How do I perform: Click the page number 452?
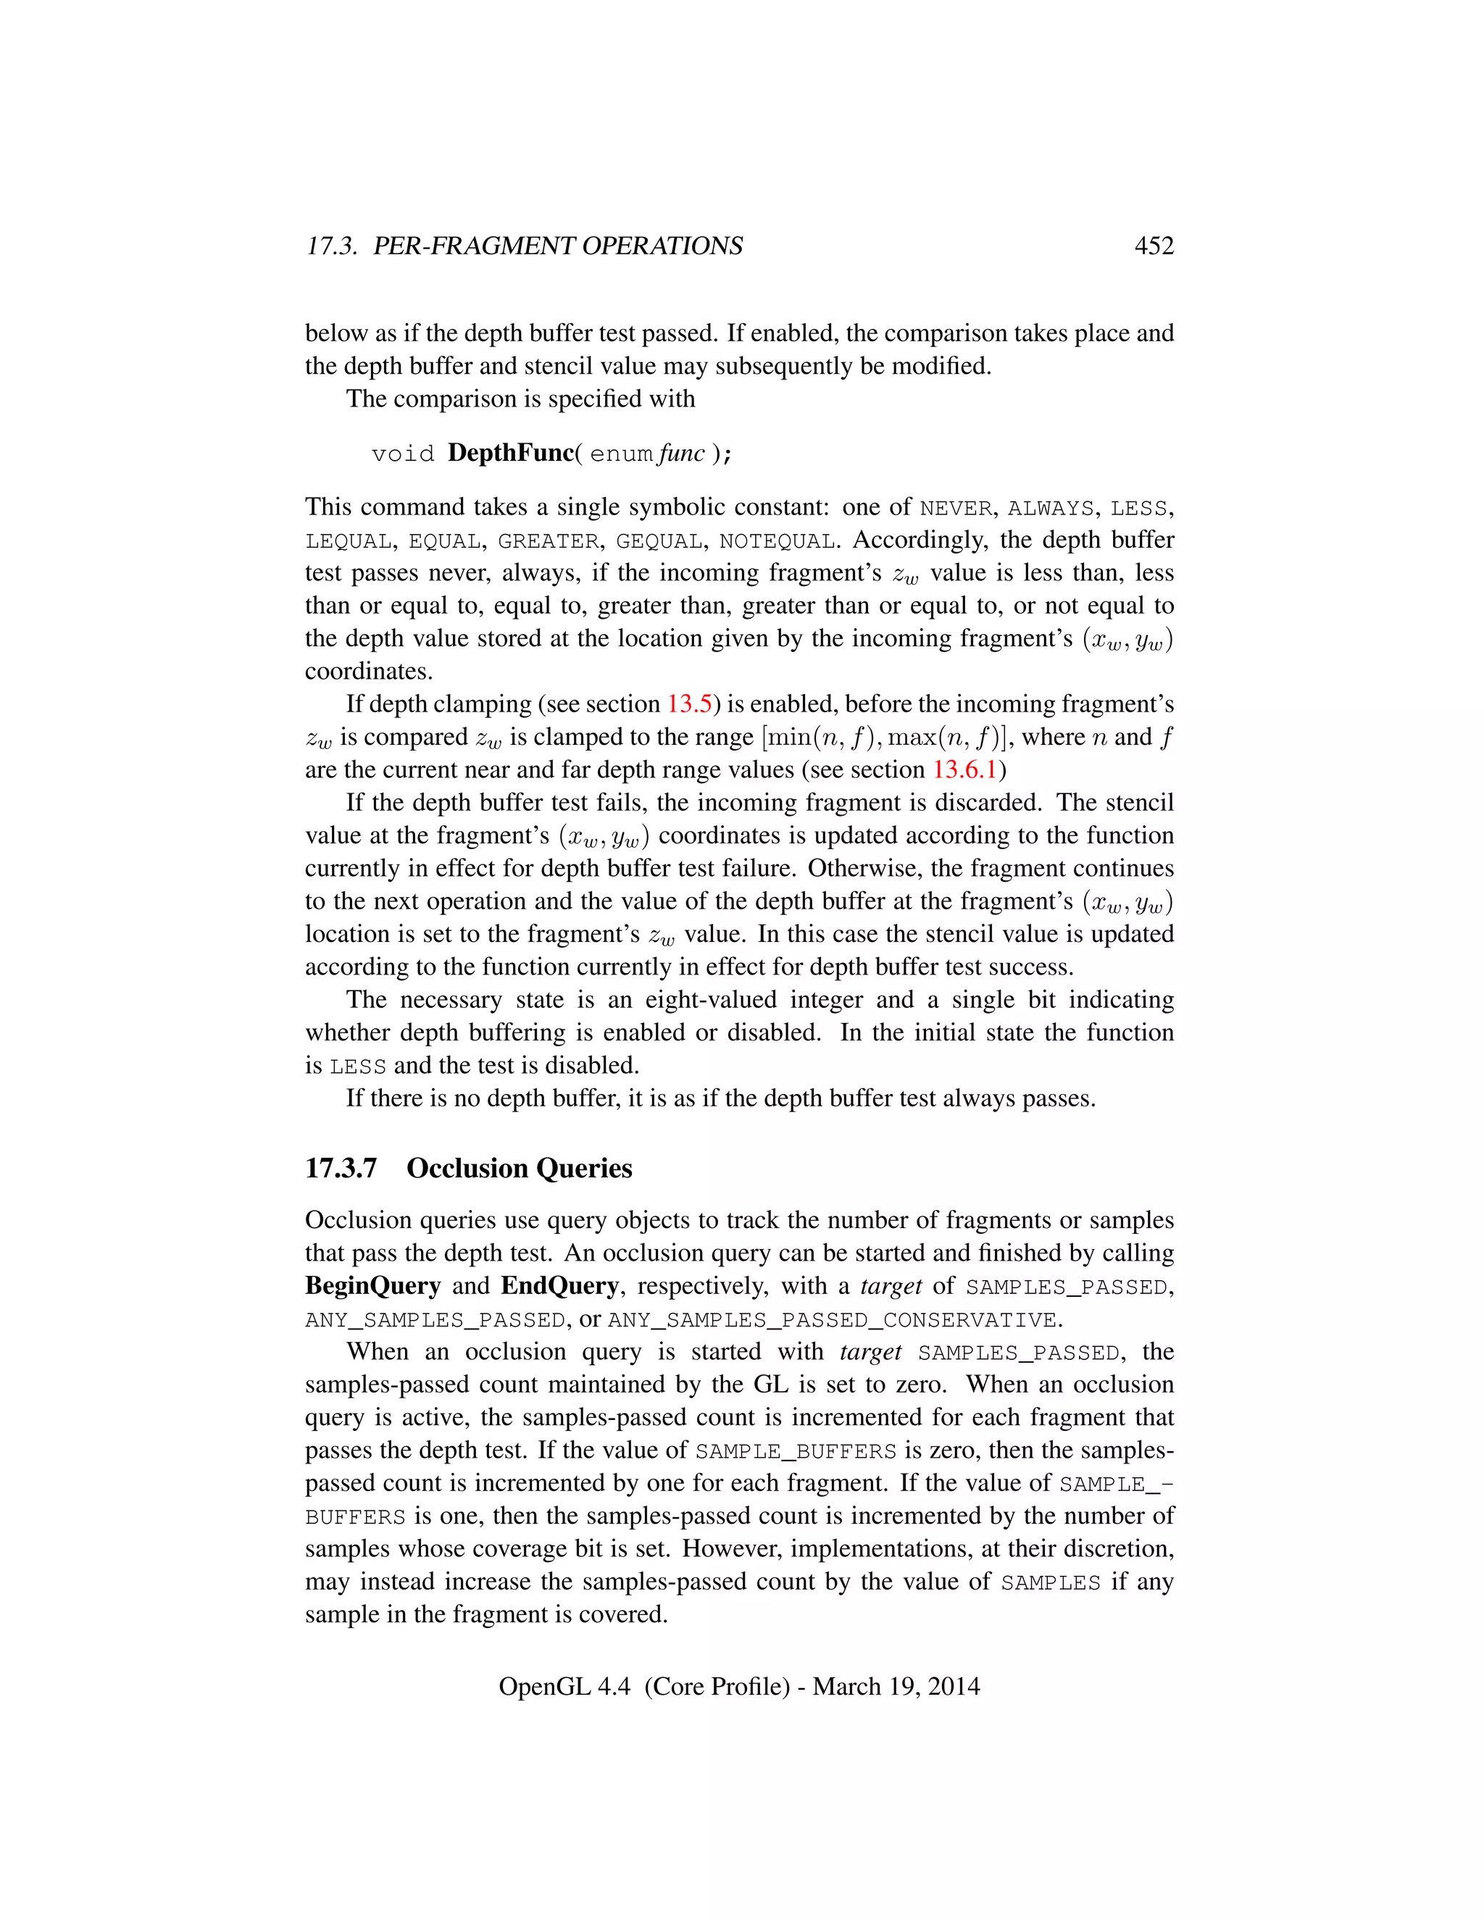point(1154,246)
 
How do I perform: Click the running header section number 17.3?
point(330,246)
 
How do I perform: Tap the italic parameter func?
point(685,453)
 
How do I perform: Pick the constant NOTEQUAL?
point(776,540)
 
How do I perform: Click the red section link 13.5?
point(688,704)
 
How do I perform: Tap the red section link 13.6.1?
point(964,770)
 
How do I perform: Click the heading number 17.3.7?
point(341,1169)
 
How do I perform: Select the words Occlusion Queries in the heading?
point(519,1169)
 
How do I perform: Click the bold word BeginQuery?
point(372,1286)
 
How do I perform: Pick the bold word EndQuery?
point(560,1286)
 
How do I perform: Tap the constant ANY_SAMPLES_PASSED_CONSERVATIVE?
point(832,1320)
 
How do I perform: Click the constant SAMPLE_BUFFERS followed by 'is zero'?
point(796,1451)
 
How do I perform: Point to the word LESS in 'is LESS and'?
point(358,1067)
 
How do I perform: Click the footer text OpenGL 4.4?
point(564,1686)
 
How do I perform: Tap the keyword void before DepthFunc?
point(403,454)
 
